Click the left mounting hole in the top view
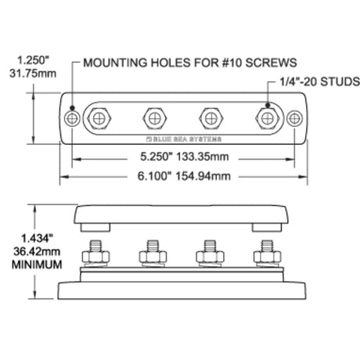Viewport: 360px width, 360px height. pyautogui.click(x=72, y=119)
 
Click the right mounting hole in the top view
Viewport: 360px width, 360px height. pyautogui.click(x=294, y=119)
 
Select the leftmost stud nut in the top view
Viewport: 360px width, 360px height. pyautogui.click(x=99, y=119)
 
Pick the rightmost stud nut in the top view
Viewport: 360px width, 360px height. pyautogui.click(x=268, y=119)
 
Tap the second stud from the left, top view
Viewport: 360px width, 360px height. pyautogui.click(x=155, y=119)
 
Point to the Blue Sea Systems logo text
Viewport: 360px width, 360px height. pyautogui.click(x=184, y=139)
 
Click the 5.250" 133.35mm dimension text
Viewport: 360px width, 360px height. pyautogui.click(x=185, y=157)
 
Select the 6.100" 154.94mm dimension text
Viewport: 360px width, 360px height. pyautogui.click(x=184, y=176)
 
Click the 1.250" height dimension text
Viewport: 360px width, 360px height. pyautogui.click(x=33, y=60)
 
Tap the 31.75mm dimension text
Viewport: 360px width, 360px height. pyautogui.click(x=33, y=74)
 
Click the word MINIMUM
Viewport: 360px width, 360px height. pyautogui.click(x=37, y=265)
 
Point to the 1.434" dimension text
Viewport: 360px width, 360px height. pyautogui.click(x=37, y=239)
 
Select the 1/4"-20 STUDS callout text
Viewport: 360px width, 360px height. pyautogui.click(x=320, y=81)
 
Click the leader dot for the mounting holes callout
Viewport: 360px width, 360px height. pyautogui.click(x=72, y=108)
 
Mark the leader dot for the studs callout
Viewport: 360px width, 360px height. pyautogui.click(x=268, y=105)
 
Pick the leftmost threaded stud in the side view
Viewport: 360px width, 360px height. pyautogui.click(x=95, y=246)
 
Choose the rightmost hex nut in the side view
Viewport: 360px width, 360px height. pyautogui.click(x=268, y=257)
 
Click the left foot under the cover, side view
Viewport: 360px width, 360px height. pyautogui.click(x=95, y=227)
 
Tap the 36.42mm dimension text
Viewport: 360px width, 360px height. pyautogui.click(x=37, y=252)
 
